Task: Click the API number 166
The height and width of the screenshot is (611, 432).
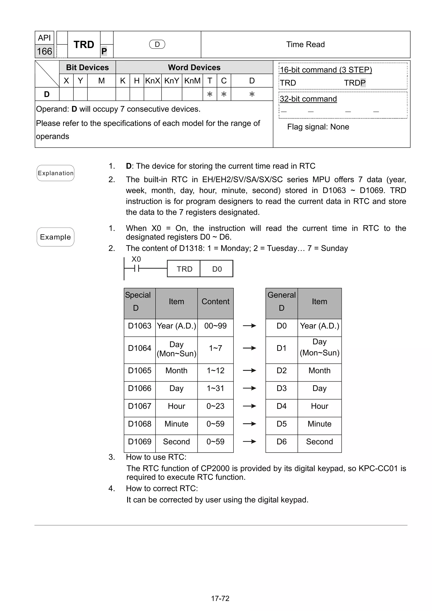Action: [x=45, y=51]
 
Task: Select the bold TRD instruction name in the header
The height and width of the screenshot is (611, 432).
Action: [x=84, y=45]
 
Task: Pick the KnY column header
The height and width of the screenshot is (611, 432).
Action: [x=171, y=81]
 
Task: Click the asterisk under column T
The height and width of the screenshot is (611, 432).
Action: [x=210, y=94]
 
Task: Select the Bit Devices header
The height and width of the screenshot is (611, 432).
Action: [x=87, y=67]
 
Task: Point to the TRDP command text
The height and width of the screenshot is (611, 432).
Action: [x=355, y=83]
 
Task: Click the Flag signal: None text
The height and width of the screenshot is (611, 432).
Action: [x=318, y=127]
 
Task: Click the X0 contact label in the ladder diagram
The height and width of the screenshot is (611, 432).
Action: [x=136, y=259]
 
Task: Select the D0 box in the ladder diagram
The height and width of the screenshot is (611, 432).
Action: [x=217, y=269]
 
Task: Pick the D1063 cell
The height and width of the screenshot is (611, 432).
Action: [x=139, y=326]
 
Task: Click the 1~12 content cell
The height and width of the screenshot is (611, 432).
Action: [x=215, y=370]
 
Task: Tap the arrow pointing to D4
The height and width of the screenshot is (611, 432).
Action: [x=249, y=406]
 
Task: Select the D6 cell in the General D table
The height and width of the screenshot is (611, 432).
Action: [x=281, y=442]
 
